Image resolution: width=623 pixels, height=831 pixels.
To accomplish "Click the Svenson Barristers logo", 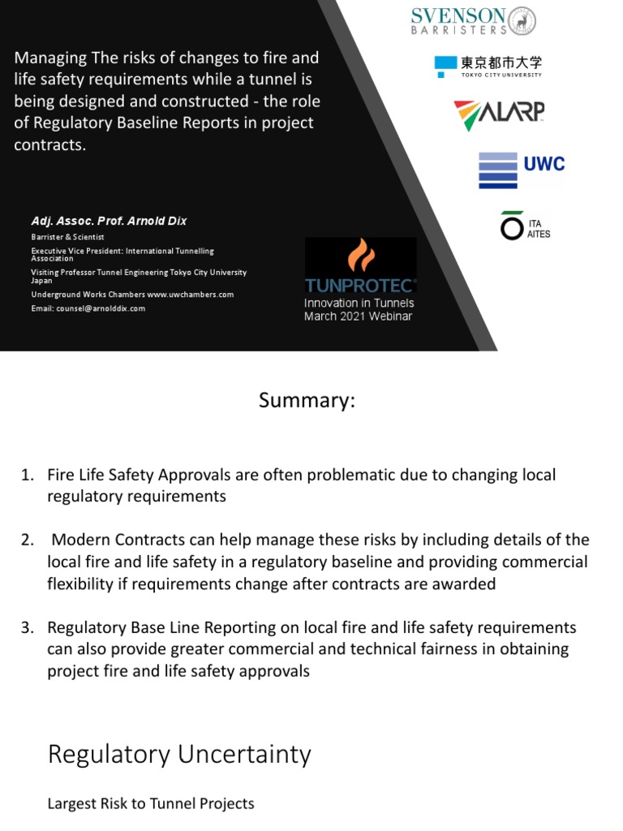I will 474,20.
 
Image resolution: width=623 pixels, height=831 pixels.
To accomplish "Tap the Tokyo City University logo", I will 488,66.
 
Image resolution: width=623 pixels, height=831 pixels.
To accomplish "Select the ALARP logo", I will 498,115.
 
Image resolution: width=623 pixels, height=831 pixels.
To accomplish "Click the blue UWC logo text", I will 544,164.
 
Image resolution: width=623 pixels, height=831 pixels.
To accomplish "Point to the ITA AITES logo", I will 526,227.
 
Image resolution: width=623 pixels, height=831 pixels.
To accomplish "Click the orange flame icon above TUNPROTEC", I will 361,256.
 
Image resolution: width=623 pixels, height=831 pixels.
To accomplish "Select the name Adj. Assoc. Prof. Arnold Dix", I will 109,221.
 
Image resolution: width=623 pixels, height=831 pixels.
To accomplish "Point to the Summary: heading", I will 307,401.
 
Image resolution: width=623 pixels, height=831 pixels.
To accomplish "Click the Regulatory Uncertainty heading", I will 179,754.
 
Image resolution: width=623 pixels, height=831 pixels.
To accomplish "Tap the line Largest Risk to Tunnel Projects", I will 151,803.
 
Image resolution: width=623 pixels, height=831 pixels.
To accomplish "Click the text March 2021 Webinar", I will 358,316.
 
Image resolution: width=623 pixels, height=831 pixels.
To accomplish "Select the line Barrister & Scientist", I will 68,237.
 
